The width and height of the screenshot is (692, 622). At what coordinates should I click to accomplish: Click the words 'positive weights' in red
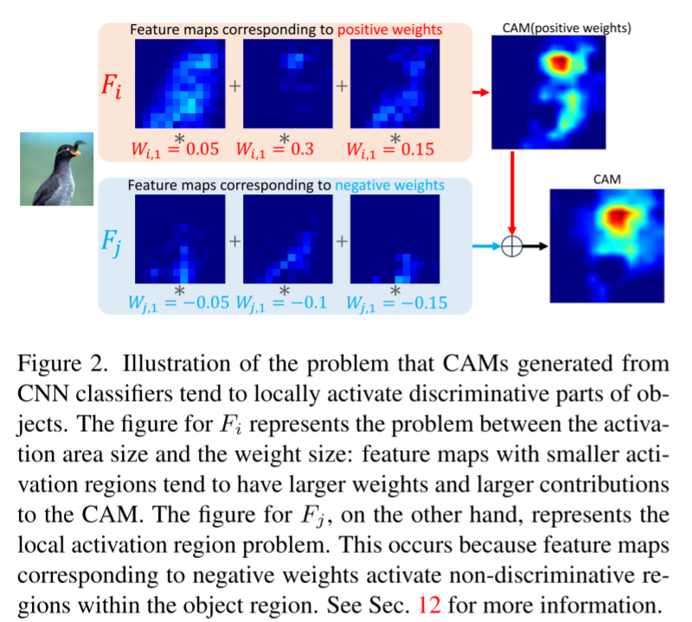click(391, 29)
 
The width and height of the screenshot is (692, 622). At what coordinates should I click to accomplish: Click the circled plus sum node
click(512, 246)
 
